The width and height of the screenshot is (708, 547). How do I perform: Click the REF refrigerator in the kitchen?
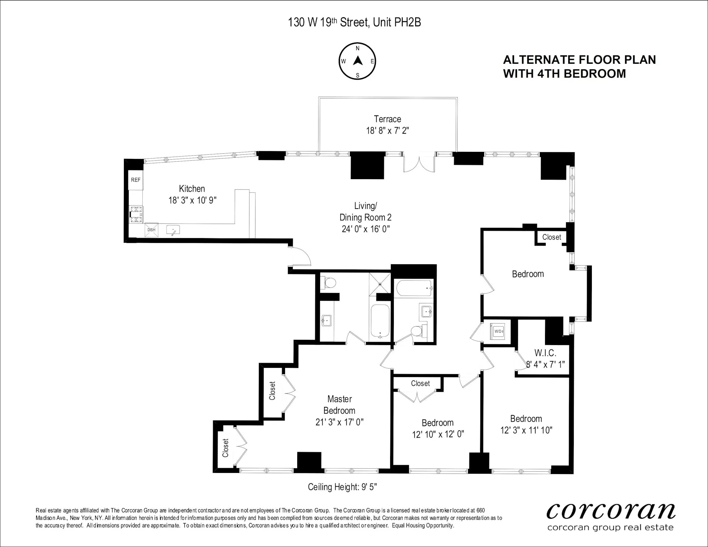coord(135,180)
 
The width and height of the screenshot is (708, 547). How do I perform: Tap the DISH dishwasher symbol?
coord(151,230)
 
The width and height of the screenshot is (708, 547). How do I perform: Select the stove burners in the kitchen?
coord(136,215)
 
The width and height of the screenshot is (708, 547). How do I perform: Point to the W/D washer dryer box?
coord(498,331)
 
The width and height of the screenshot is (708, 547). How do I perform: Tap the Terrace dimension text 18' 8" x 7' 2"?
coord(387,130)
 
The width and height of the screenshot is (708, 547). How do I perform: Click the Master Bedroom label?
coord(339,404)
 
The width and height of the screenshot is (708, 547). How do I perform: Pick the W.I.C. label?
coord(545,353)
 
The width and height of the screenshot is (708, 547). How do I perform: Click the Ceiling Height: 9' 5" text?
coord(342,487)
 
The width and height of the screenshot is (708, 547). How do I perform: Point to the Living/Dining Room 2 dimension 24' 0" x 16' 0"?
coord(365,229)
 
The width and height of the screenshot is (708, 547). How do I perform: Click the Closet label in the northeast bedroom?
coord(551,237)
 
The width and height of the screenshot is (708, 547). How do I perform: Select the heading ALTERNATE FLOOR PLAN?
coord(579,60)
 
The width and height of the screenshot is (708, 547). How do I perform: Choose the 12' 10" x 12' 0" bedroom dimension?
coord(438,434)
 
